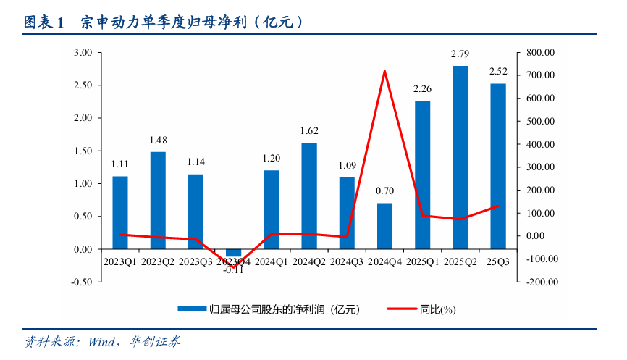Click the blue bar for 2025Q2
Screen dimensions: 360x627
pos(460,157)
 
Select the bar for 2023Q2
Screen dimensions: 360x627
pos(158,200)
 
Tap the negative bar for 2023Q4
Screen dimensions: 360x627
pos(233,253)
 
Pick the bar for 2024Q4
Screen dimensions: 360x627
pos(384,226)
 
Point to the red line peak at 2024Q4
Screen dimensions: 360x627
pos(384,71)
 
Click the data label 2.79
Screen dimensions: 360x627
pos(460,54)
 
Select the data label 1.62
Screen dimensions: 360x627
pos(309,131)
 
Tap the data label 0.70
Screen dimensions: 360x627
pos(384,191)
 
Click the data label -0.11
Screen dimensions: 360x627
pos(233,269)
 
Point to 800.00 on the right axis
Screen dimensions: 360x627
pos(540,53)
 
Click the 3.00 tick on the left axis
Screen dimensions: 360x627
pos(83,53)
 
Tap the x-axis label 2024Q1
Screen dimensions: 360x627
pos(272,261)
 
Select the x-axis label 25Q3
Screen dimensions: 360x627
pos(498,261)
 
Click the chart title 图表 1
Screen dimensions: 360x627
pos(44,22)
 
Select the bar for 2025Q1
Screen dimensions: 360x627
pos(422,175)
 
